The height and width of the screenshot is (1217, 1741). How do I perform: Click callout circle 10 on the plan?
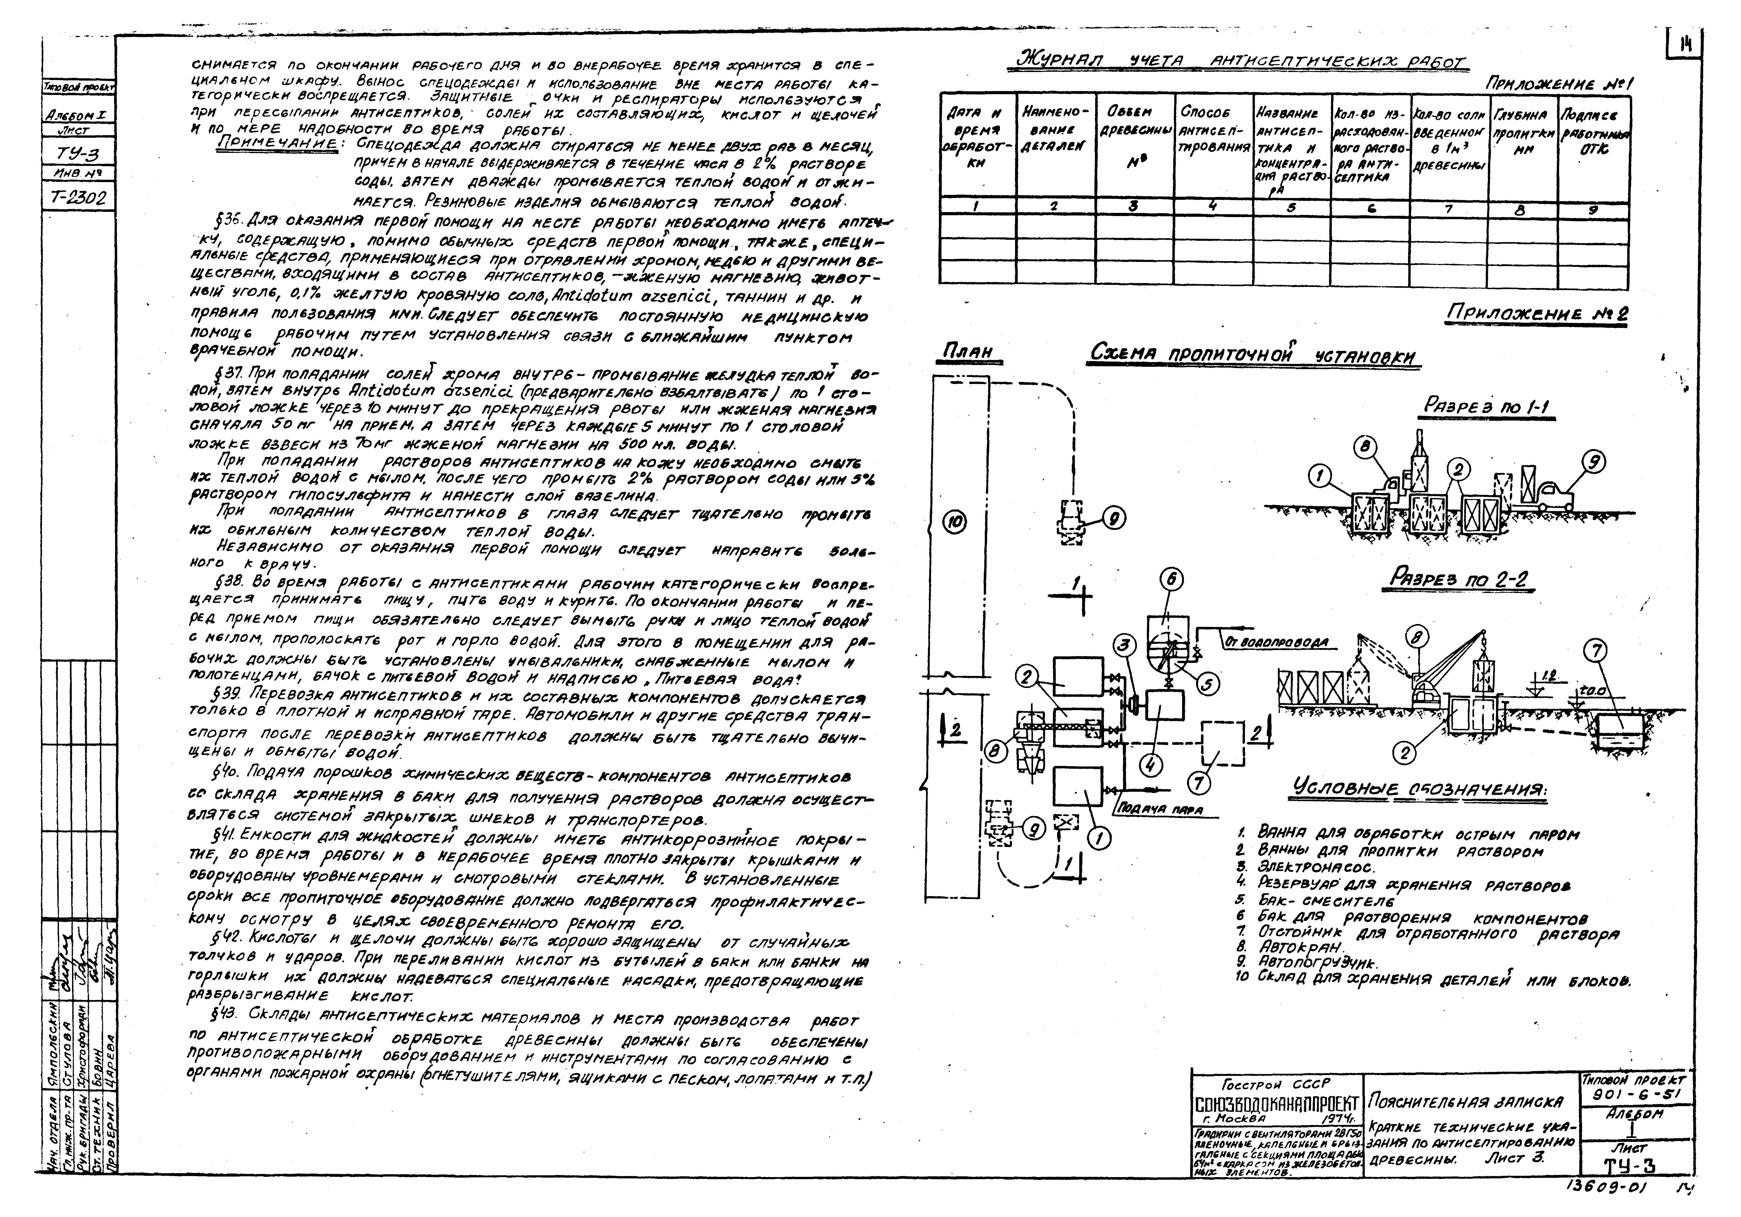(x=956, y=522)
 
